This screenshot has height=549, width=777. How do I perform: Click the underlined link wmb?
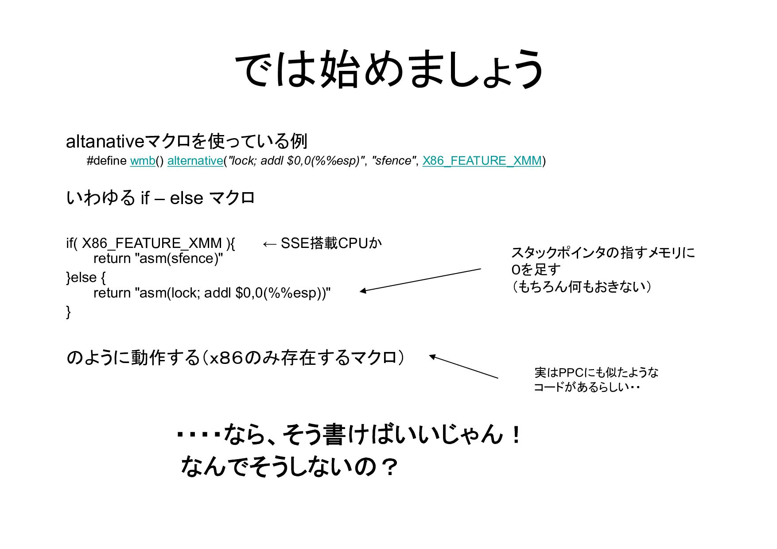click(x=142, y=161)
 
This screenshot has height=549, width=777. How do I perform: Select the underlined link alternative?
click(x=195, y=161)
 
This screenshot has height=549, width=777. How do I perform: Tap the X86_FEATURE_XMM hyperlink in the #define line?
click(x=482, y=161)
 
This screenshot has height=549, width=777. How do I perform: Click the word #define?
click(x=107, y=161)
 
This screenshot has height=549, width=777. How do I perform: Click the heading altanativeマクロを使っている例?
click(x=186, y=141)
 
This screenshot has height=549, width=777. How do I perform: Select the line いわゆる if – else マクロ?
click(x=160, y=197)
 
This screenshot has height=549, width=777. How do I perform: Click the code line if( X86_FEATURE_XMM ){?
click(x=151, y=243)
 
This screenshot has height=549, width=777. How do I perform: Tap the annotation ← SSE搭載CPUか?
click(x=322, y=243)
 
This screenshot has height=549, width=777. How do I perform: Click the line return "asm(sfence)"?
click(x=158, y=259)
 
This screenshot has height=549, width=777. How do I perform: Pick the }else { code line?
click(x=86, y=278)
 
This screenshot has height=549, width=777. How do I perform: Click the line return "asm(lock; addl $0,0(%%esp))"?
click(x=212, y=293)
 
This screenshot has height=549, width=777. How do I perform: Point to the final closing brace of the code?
click(x=68, y=312)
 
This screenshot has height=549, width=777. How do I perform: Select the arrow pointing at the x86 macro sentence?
click(x=463, y=367)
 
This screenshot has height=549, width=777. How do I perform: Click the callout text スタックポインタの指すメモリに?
click(x=603, y=253)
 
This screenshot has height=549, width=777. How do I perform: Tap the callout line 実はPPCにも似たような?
click(x=596, y=372)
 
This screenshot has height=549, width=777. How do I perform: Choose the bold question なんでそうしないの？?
click(x=289, y=467)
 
